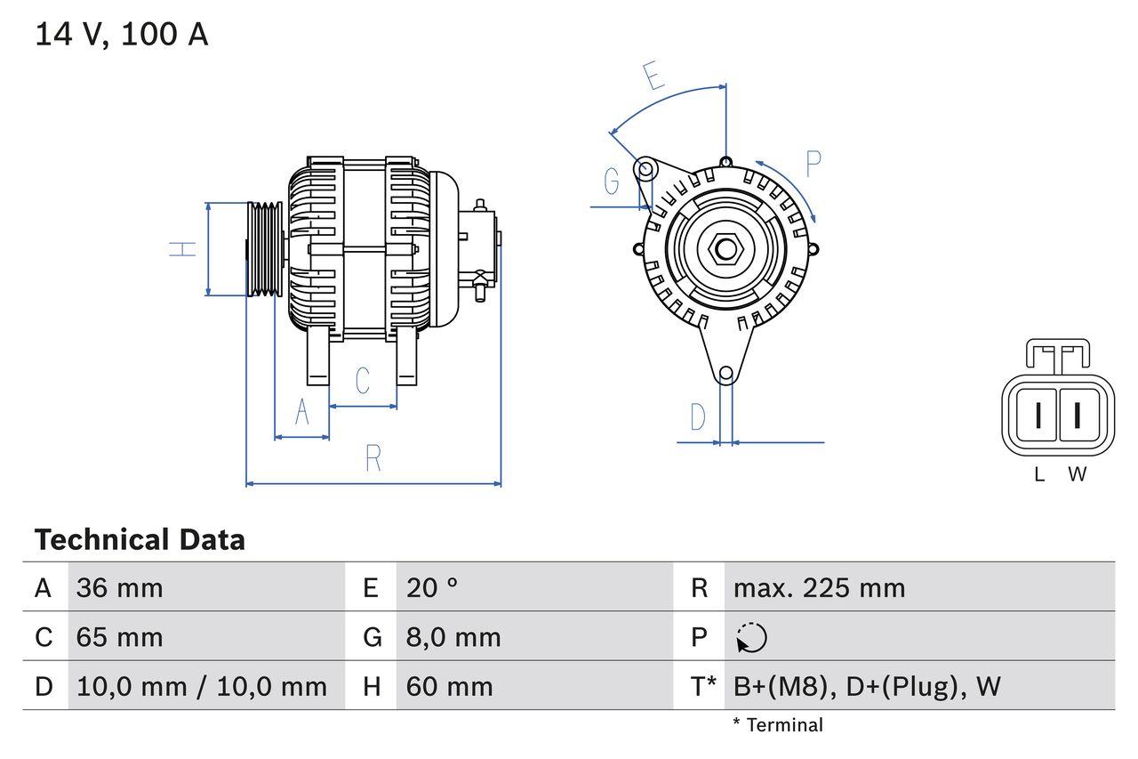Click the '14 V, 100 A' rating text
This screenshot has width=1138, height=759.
tap(121, 35)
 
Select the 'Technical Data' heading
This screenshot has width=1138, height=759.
tap(140, 540)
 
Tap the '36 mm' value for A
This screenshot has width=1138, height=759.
tap(119, 587)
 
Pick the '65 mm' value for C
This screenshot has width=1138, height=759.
tap(119, 637)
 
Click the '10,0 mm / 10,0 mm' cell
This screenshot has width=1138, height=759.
tap(202, 686)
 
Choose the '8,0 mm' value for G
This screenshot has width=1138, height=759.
tap(453, 637)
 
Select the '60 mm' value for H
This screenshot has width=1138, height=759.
tap(449, 686)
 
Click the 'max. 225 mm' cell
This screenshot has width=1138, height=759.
tap(819, 587)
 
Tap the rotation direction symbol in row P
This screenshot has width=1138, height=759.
tap(751, 637)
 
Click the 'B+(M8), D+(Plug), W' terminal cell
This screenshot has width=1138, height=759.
tap(867, 686)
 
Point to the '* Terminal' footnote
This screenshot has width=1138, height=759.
tap(778, 725)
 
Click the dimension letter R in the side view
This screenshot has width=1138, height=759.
tap(373, 459)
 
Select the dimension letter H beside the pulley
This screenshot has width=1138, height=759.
tap(182, 249)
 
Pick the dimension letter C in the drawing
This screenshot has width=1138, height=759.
tap(362, 381)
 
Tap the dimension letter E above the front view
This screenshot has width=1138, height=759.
tap(653, 77)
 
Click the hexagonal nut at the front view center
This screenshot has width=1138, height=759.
tap(725, 249)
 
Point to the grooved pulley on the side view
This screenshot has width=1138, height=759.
tap(264, 249)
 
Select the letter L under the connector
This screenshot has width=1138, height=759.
tap(1039, 475)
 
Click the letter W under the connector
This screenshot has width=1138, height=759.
tap(1078, 475)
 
